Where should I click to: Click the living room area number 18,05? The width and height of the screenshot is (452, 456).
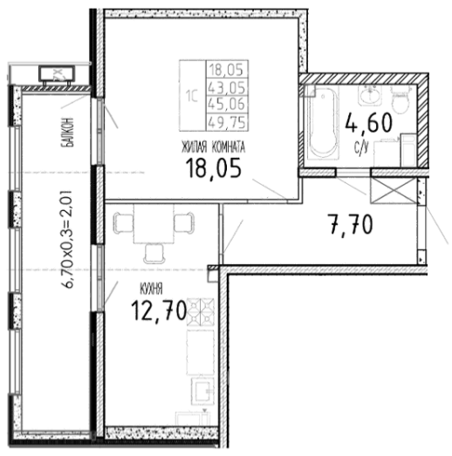pos(213,168)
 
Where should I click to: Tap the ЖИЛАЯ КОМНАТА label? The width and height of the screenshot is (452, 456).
pos(213,147)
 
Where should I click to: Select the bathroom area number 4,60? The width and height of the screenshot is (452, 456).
pos(369,123)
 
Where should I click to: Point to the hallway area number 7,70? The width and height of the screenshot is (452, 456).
pos(350,223)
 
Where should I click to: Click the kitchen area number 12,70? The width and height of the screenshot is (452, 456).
pos(159,310)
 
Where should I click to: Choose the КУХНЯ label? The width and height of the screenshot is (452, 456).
pos(151,289)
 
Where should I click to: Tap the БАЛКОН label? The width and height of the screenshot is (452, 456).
pos(67,132)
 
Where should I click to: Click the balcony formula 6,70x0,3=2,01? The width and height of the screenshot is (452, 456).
pos(66,239)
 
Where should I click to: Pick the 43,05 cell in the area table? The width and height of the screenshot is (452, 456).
pos(227,87)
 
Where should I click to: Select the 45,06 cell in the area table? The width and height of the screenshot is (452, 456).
pos(227,104)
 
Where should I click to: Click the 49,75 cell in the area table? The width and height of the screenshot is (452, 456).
pos(227,122)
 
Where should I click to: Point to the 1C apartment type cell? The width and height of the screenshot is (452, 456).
pos(192,96)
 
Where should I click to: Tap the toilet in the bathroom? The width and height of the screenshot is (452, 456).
pos(401,99)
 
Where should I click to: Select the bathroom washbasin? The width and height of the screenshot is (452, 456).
pos(370,95)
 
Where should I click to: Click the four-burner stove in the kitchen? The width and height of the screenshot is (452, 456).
pos(201,312)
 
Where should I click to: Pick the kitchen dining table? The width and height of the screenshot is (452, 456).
pos(154,223)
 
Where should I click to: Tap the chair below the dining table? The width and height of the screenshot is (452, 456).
pos(154,254)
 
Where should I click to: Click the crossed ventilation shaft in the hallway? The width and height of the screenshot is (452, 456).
pos(394,190)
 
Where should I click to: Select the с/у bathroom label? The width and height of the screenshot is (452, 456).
pos(361,148)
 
